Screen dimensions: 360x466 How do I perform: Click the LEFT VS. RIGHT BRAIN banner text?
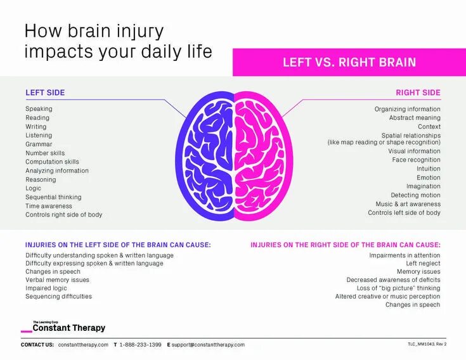click(x=349, y=62)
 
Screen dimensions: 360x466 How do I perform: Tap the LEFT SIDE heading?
click(x=45, y=93)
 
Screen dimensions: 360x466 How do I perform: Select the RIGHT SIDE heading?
click(x=418, y=93)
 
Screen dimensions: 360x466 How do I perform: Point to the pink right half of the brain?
click(x=260, y=155)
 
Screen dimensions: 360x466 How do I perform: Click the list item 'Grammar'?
click(x=39, y=144)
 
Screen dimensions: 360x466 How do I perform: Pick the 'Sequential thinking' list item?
click(x=53, y=197)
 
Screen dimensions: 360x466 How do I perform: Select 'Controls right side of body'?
click(x=63, y=215)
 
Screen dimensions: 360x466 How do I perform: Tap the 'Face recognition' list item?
click(x=416, y=160)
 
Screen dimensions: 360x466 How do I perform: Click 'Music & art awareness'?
click(x=408, y=204)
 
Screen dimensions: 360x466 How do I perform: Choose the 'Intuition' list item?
click(x=429, y=169)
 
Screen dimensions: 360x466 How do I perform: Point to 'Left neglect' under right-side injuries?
click(x=423, y=263)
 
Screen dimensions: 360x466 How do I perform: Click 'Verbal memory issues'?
click(x=57, y=280)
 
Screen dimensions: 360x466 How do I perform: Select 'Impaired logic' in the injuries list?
click(x=46, y=288)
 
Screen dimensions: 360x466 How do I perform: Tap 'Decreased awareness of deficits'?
click(x=393, y=280)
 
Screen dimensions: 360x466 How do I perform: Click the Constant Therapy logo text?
click(x=69, y=328)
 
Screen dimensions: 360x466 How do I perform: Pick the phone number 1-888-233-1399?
click(x=140, y=345)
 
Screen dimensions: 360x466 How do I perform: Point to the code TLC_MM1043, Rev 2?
click(x=427, y=344)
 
